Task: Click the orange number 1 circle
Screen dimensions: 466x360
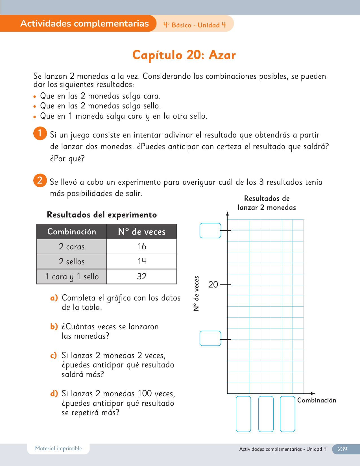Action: [x=40, y=133]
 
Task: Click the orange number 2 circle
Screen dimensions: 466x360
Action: [x=40, y=180]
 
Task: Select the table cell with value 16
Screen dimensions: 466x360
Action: [x=142, y=247]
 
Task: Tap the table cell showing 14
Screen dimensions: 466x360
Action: [x=142, y=262]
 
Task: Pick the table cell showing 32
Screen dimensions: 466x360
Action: [x=142, y=276]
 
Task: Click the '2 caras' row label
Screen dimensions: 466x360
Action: [x=72, y=247]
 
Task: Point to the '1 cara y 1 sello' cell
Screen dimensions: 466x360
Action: [x=72, y=276]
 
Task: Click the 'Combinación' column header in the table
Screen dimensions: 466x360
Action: [x=72, y=232]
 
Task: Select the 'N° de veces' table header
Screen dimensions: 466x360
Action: [x=142, y=232]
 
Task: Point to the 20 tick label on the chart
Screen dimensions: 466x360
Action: [x=213, y=285]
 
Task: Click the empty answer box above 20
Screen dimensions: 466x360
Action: [x=210, y=230]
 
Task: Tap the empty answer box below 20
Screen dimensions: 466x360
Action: [x=210, y=338]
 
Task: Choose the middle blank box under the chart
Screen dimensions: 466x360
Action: [x=266, y=414]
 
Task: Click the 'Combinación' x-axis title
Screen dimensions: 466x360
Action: [x=317, y=400]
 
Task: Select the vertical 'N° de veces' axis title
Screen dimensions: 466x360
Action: [x=197, y=293]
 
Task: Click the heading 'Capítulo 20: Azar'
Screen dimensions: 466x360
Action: [x=184, y=55]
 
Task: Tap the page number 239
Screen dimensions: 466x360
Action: [x=342, y=449]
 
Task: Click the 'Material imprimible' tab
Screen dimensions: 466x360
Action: [x=58, y=448]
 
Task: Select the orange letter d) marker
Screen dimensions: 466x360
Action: [x=54, y=393]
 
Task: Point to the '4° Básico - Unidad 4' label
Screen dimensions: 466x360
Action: [x=195, y=25]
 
